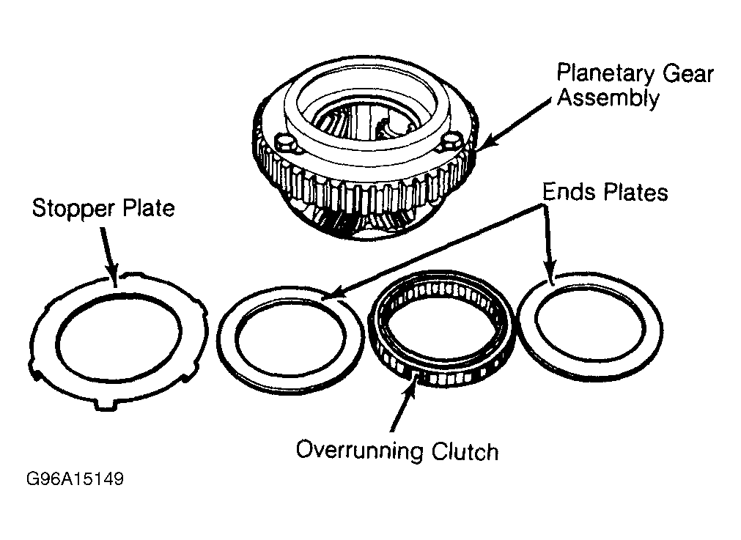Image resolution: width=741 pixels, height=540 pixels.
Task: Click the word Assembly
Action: pyautogui.click(x=608, y=99)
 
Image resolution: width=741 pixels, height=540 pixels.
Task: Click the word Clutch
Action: pyautogui.click(x=465, y=451)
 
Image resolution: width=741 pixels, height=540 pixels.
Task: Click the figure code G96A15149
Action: pyautogui.click(x=75, y=478)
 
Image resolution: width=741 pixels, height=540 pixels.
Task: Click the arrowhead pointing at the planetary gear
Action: pyautogui.click(x=487, y=141)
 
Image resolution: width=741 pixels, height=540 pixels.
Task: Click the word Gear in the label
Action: pyautogui.click(x=687, y=75)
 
